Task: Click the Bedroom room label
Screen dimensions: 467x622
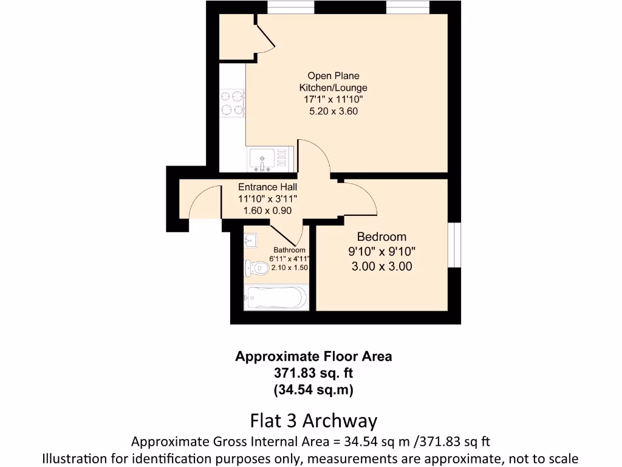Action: tap(381, 237)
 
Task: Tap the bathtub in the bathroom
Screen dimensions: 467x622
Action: tap(275, 298)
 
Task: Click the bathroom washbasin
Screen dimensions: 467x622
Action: tap(251, 239)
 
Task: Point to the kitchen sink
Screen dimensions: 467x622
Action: tap(262, 159)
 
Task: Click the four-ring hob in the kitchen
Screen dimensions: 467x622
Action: tap(233, 103)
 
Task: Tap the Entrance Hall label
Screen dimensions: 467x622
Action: tap(267, 187)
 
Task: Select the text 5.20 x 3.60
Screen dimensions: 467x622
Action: tap(333, 111)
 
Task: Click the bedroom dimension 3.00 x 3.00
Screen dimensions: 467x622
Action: tap(381, 266)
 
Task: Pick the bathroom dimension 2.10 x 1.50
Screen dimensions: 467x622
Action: tap(290, 268)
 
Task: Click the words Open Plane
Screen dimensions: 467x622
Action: tap(333, 76)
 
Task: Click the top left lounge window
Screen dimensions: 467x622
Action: tap(291, 7)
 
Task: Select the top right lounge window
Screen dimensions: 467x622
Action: tap(408, 7)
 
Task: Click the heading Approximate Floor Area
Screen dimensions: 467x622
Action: tap(313, 356)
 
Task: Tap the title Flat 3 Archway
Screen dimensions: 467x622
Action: tap(313, 421)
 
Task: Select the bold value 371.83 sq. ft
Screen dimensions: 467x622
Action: tap(313, 373)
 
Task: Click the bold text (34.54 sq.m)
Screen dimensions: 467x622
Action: tap(313, 389)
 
